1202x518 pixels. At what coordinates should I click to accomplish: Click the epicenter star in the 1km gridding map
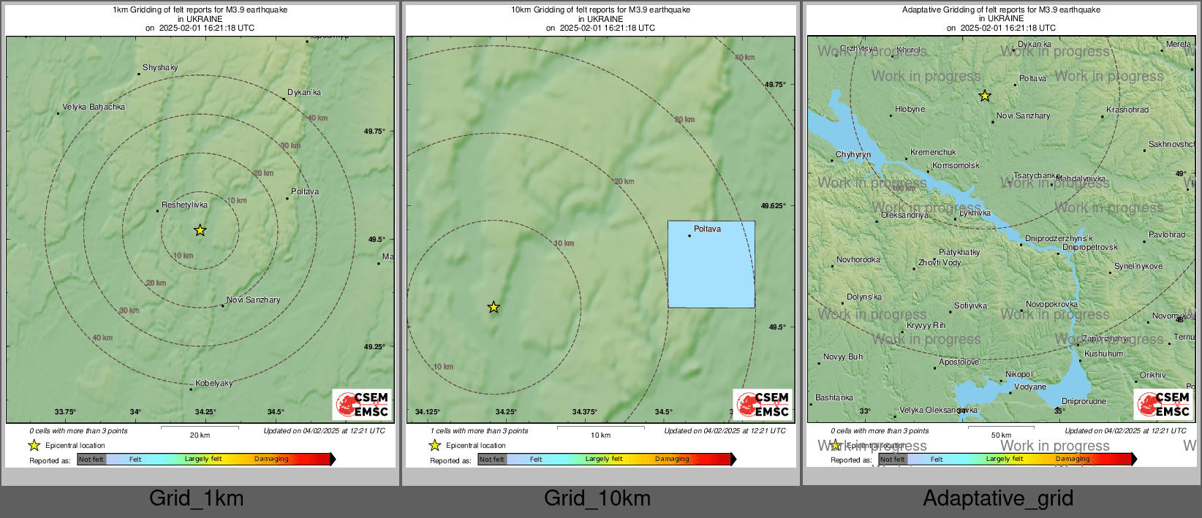(200, 230)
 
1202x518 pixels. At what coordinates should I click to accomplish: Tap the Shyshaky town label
(160, 68)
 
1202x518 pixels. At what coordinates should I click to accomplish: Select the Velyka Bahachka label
(94, 107)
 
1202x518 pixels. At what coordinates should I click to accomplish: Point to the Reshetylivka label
(184, 205)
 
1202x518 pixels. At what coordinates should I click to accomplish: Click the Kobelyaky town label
(213, 384)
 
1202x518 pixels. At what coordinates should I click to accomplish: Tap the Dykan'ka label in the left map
(304, 93)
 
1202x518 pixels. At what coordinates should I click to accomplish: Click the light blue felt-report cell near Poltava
(711, 264)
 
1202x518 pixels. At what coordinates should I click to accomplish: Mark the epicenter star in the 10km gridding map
(494, 307)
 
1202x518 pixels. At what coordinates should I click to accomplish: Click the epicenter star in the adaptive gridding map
(985, 96)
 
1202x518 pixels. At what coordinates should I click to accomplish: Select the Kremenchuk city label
(933, 153)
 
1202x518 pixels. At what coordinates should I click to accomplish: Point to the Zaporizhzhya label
(1105, 339)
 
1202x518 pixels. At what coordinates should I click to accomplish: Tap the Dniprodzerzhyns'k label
(1059, 239)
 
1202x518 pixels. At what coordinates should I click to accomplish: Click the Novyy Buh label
(843, 357)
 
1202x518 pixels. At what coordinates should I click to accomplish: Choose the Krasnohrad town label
(1127, 110)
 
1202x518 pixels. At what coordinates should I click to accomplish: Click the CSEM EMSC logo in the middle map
(763, 404)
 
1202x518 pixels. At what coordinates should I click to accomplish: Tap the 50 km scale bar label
(1001, 435)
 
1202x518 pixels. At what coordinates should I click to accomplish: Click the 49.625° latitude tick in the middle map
(774, 206)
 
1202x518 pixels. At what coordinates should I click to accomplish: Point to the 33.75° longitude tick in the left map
(65, 412)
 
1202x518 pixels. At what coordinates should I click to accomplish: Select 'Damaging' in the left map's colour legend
(271, 460)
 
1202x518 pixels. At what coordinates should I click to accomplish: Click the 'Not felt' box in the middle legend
(492, 460)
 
